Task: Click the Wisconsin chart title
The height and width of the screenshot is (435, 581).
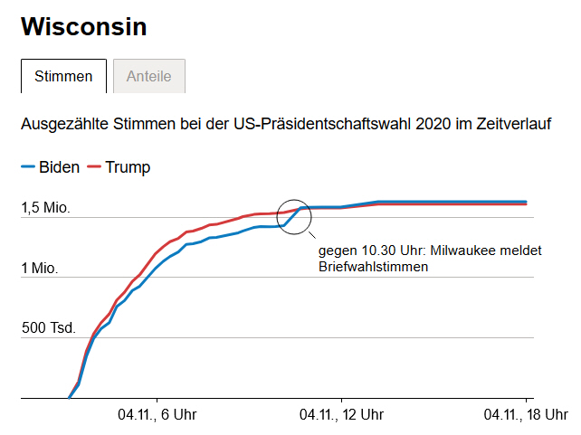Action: (x=83, y=27)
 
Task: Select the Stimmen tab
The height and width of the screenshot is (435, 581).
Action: (x=63, y=77)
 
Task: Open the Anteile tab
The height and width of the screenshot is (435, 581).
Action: (x=148, y=77)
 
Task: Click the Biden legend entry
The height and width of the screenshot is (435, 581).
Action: (x=59, y=167)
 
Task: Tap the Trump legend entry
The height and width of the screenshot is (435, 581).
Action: (x=128, y=167)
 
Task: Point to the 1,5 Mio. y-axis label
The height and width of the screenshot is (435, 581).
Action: (x=46, y=209)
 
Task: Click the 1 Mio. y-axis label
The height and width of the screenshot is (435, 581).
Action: (x=40, y=269)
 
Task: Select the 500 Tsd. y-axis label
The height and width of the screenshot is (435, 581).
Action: (x=49, y=328)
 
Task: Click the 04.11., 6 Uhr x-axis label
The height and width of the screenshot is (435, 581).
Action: (x=157, y=415)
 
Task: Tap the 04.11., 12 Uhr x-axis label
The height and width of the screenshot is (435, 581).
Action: (x=341, y=415)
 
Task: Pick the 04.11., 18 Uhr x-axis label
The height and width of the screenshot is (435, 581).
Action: (x=526, y=415)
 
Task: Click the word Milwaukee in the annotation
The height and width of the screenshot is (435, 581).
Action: (x=462, y=251)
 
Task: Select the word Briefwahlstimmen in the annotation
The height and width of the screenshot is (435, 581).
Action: (x=373, y=267)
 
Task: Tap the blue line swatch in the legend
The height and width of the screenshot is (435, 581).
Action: (x=27, y=167)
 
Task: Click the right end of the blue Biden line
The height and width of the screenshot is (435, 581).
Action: (x=526, y=202)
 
